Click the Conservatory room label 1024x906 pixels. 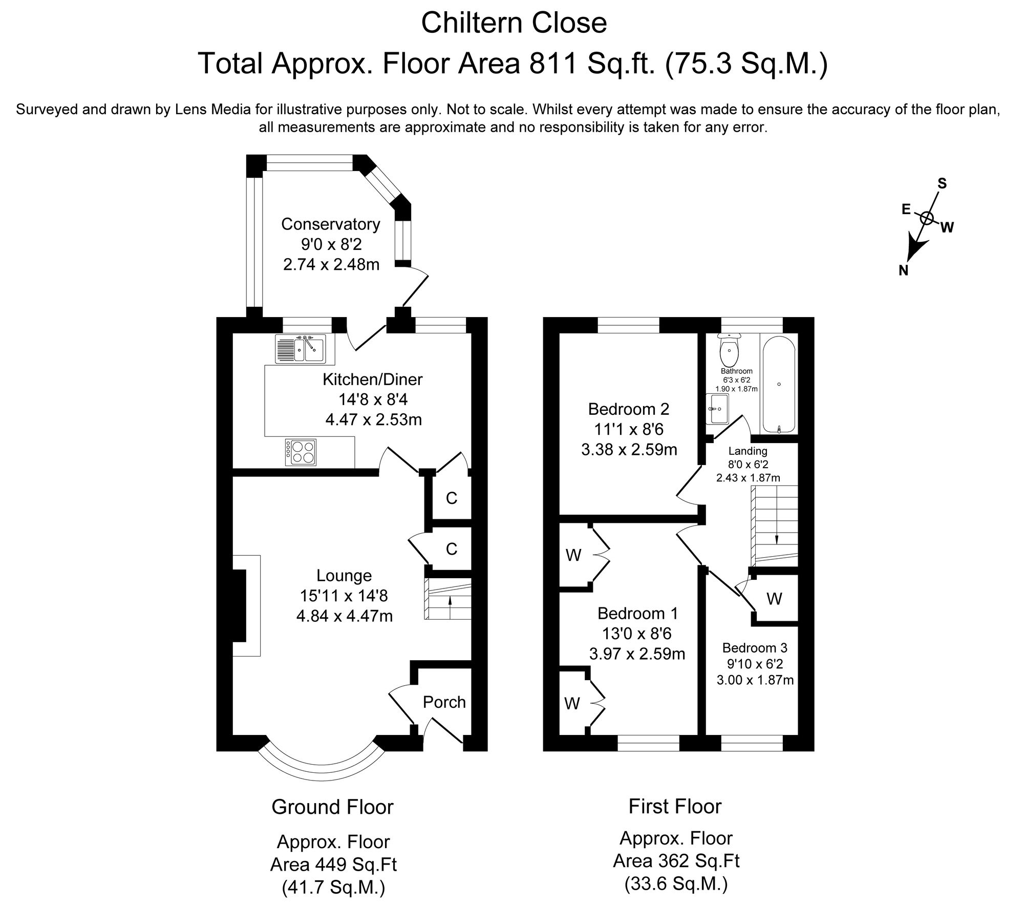pyautogui.click(x=331, y=224)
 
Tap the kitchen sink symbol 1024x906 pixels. pyautogui.click(x=300, y=349)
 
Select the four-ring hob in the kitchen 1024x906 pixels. pyautogui.click(x=301, y=452)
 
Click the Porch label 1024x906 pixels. pyautogui.click(x=444, y=702)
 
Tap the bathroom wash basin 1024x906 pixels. pyautogui.click(x=717, y=409)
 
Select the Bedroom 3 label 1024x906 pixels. pyautogui.click(x=755, y=647)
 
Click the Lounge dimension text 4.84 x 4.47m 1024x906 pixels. pyautogui.click(x=345, y=616)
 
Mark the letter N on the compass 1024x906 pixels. pyautogui.click(x=904, y=270)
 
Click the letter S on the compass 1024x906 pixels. pyautogui.click(x=942, y=183)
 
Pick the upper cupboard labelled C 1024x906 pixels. pyautogui.click(x=451, y=498)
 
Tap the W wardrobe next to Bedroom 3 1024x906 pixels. pyautogui.click(x=774, y=598)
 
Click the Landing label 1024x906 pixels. pyautogui.click(x=748, y=451)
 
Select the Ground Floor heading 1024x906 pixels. pyautogui.click(x=332, y=807)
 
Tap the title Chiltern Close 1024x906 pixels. pyautogui.click(x=514, y=23)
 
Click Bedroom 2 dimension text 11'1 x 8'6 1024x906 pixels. pyautogui.click(x=629, y=429)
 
